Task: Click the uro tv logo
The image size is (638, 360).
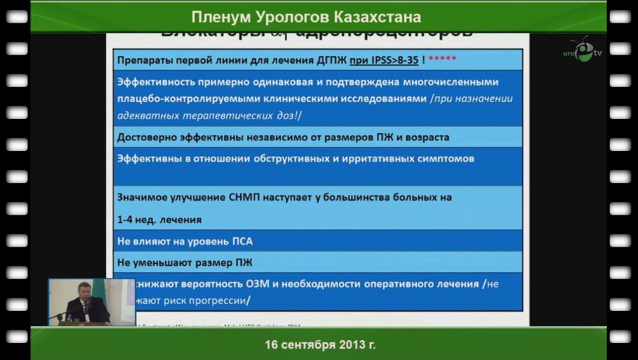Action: [581, 50]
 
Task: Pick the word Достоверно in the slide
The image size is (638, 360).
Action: [147, 137]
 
